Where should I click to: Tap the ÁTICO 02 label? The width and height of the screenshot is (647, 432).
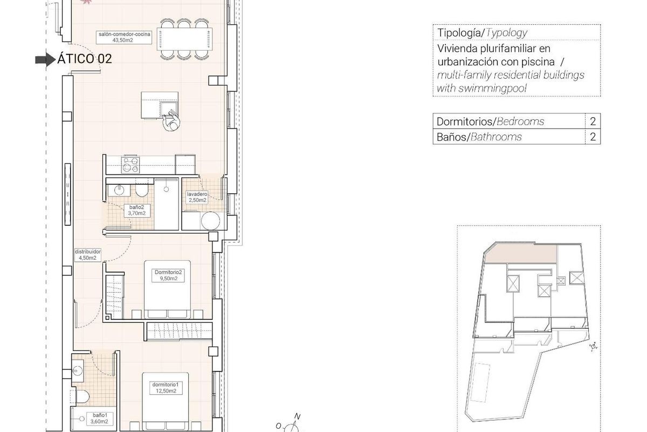tap(85, 59)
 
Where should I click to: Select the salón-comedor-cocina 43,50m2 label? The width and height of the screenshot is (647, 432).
tap(123, 37)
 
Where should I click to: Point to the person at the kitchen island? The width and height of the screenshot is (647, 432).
tap(171, 122)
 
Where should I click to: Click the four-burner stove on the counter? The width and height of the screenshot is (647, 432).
tap(130, 163)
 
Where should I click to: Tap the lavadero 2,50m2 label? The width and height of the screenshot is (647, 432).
tap(197, 197)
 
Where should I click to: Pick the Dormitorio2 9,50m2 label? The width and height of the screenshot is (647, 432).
tap(169, 276)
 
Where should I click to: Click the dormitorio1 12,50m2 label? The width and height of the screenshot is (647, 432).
tap(166, 387)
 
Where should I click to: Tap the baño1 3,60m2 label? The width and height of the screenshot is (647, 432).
tap(99, 418)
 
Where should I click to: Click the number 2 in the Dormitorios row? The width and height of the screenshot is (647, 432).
tap(593, 122)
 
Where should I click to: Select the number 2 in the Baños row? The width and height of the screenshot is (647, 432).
tap(593, 137)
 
